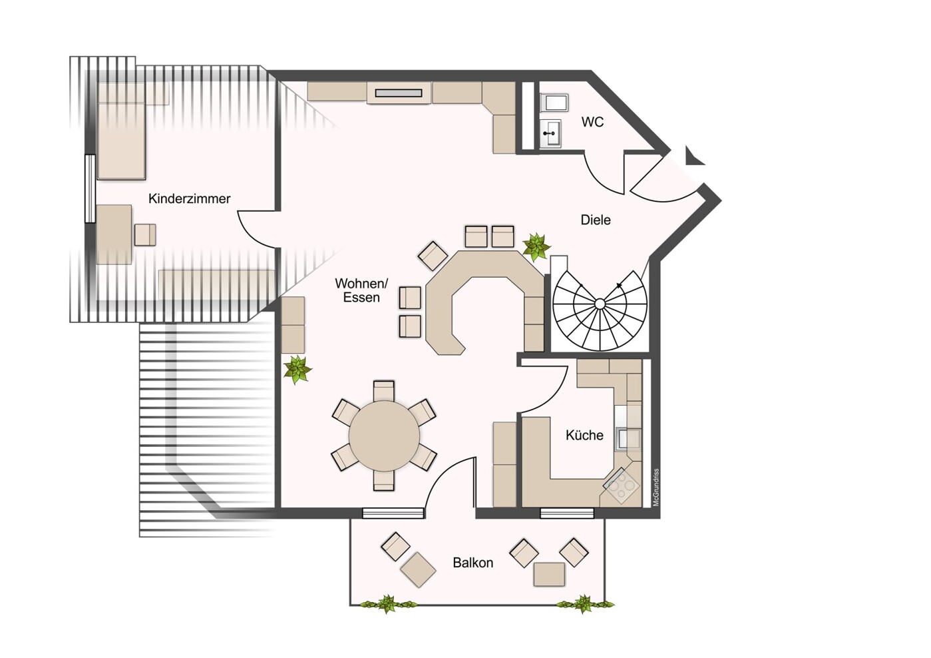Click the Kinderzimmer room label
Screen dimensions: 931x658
point(189,198)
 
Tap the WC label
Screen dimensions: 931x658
point(592,122)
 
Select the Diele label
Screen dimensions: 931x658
point(596,220)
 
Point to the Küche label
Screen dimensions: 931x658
point(584,435)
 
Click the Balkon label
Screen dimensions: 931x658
point(473,563)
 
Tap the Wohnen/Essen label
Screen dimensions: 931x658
point(361,290)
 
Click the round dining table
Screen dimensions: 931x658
point(384,436)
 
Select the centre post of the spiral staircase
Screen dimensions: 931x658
point(600,304)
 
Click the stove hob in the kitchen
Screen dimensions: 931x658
point(622,486)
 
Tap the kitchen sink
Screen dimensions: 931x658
point(628,439)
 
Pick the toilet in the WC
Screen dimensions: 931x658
point(554,103)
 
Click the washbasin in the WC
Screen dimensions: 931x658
point(551,133)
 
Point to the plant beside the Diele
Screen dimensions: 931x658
point(536,246)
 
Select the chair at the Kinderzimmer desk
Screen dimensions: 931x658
point(145,235)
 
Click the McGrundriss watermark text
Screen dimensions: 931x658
point(655,487)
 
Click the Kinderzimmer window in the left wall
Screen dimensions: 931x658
point(90,189)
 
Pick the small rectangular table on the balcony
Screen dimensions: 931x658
point(549,574)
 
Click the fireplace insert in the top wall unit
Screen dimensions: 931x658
point(399,93)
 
